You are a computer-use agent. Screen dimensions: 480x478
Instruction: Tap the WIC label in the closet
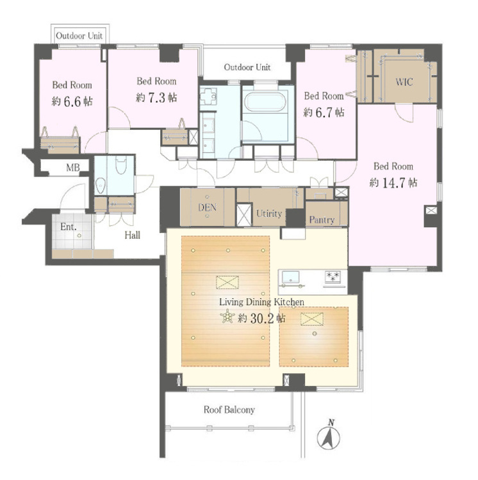(x=404, y=82)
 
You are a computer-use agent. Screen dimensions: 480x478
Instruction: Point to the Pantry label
(x=322, y=220)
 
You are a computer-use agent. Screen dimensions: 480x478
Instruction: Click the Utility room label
(x=268, y=213)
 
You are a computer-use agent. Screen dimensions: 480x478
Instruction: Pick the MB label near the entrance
(x=74, y=168)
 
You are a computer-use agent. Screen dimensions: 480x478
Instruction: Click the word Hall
(x=132, y=235)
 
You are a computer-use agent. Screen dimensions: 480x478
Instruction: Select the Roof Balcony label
(x=229, y=410)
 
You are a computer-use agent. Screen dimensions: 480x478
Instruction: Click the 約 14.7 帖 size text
(x=394, y=182)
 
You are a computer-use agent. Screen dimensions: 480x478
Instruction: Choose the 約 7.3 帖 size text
(x=156, y=97)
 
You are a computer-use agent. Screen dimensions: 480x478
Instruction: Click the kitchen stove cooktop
(x=333, y=277)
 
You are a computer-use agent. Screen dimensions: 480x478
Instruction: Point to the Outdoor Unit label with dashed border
(x=79, y=36)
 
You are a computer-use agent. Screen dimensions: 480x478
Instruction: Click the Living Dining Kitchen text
(x=261, y=301)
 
